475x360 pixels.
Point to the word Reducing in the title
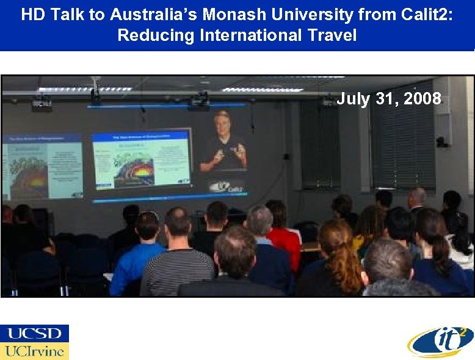[156, 35]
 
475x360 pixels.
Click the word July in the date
[352, 98]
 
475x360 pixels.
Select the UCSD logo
[35, 333]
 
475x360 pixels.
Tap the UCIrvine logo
[35, 351]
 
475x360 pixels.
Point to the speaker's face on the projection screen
[222, 123]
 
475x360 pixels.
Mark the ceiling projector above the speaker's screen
[199, 101]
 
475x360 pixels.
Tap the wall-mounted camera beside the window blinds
[441, 142]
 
